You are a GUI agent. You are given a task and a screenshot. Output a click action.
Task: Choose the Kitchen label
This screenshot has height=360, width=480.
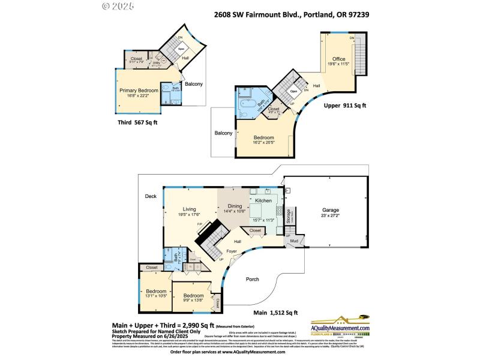pyautogui.click(x=264, y=200)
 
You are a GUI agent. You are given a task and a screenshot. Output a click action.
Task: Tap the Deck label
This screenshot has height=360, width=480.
pyautogui.click(x=150, y=196)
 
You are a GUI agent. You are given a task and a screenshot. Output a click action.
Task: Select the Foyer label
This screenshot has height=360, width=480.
pyautogui.click(x=232, y=251)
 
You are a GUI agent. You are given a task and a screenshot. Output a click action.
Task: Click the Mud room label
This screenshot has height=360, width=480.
pyautogui.click(x=294, y=241)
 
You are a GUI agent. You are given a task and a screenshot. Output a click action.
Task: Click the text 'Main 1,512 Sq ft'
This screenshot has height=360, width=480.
pyautogui.click(x=275, y=313)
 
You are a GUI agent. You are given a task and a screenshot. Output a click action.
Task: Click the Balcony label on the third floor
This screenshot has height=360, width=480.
pyautogui.click(x=193, y=84)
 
